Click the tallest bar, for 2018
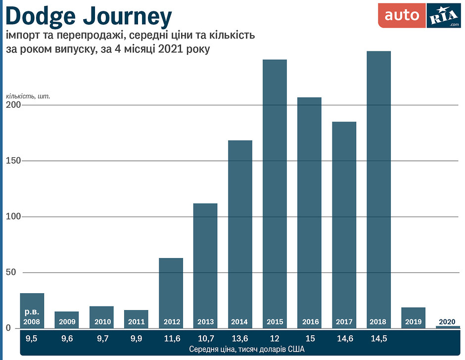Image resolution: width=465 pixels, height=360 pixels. click(x=379, y=188)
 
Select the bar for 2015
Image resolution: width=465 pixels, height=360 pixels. click(x=275, y=193)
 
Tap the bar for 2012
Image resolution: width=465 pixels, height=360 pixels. click(x=171, y=292)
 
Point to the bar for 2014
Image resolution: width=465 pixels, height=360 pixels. click(x=240, y=232)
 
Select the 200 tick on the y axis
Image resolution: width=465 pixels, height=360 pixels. click(x=13, y=105)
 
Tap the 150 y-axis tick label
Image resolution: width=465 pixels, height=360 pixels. click(x=13, y=161)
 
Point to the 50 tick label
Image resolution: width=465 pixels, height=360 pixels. click(x=11, y=272)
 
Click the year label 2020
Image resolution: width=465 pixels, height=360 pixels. click(x=448, y=322)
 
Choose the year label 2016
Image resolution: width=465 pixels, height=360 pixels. click(x=310, y=322)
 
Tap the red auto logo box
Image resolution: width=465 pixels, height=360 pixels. click(x=402, y=15)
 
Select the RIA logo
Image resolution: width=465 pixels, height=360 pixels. click(x=443, y=16)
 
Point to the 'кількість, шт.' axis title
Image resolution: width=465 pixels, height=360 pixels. click(x=28, y=95)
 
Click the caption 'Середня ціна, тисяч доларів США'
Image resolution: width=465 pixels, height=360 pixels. click(x=240, y=350)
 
